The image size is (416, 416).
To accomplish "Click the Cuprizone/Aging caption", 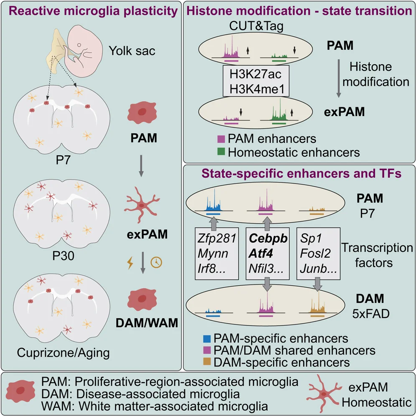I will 63,353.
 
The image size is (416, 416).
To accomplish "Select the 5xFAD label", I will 370,312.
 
